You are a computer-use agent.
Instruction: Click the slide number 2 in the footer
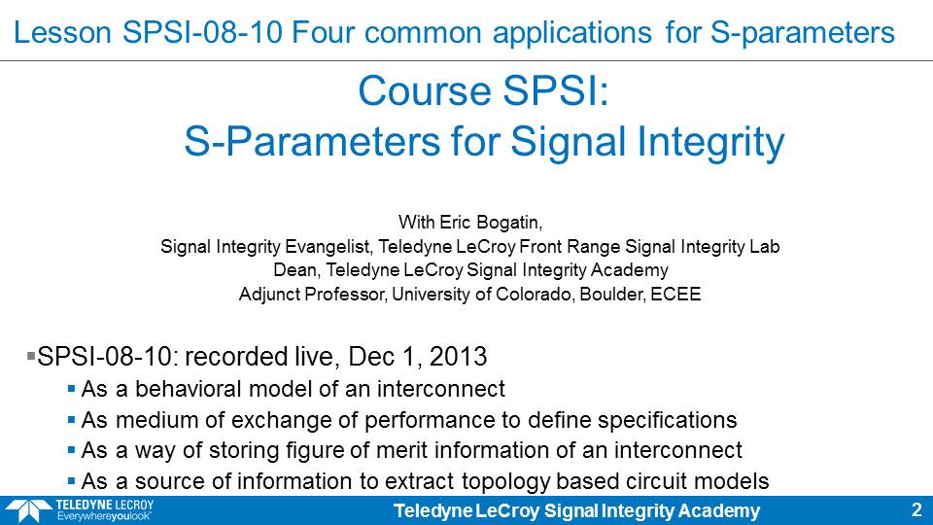[916, 510]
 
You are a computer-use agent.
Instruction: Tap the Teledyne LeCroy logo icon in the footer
[28, 511]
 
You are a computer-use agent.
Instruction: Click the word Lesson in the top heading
[62, 32]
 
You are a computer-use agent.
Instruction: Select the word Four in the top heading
[325, 32]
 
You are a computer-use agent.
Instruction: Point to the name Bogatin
[507, 223]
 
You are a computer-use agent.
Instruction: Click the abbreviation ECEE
[675, 294]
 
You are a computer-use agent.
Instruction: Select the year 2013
[458, 357]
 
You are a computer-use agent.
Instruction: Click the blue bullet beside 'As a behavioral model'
[71, 389]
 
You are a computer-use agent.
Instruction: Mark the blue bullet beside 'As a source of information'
[71, 480]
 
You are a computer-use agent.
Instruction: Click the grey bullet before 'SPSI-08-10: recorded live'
[31, 356]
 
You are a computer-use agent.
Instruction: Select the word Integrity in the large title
[710, 142]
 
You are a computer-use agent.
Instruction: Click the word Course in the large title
[426, 91]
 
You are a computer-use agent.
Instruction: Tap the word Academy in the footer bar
[718, 510]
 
